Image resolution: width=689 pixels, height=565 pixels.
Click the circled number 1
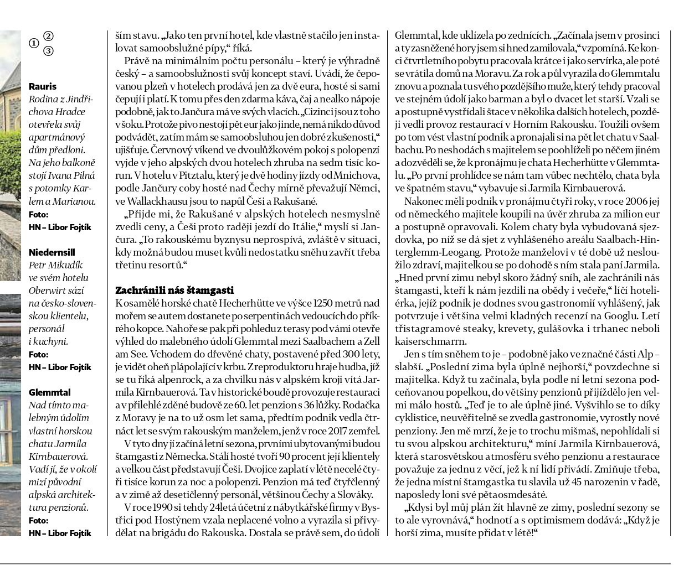(x=34, y=43)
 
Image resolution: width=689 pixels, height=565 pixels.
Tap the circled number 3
(x=49, y=51)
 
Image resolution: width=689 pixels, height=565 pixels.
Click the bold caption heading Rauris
(x=43, y=86)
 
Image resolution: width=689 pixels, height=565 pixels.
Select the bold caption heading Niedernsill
(x=52, y=252)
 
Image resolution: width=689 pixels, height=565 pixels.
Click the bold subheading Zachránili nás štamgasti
(x=174, y=290)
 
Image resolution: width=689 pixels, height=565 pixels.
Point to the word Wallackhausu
(x=155, y=201)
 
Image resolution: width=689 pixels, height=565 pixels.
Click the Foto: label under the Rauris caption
(x=38, y=215)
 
